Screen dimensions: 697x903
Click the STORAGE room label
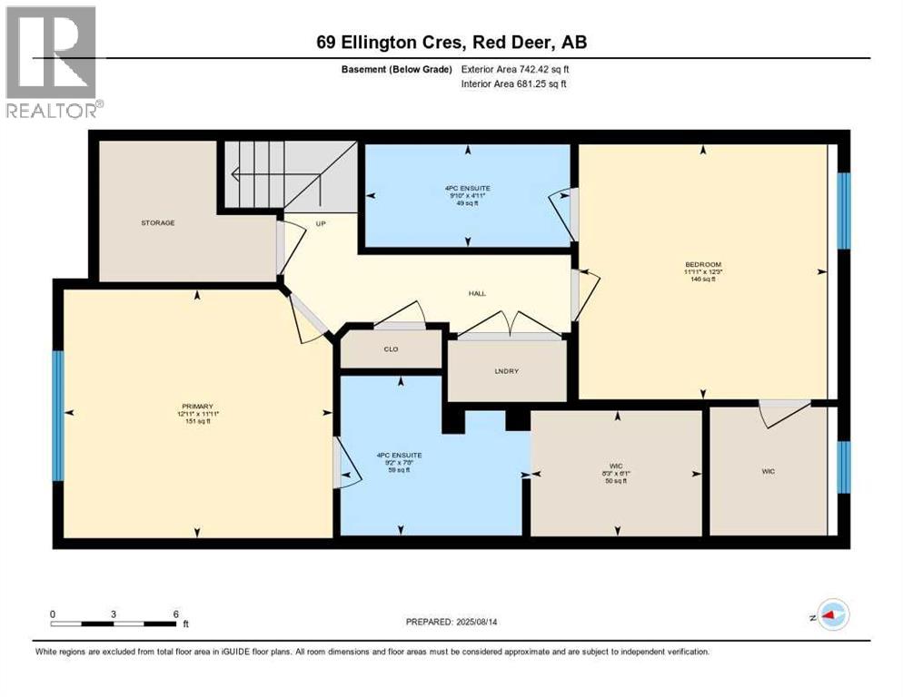(157, 222)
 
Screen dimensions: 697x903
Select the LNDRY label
(507, 371)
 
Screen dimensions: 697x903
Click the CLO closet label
(391, 349)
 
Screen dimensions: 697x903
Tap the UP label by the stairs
(321, 222)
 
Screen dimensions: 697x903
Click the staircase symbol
(273, 174)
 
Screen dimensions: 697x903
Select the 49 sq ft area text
(467, 202)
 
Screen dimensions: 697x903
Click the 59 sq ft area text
(400, 470)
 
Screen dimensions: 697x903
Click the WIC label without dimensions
(769, 471)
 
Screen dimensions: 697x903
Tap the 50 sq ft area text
(618, 481)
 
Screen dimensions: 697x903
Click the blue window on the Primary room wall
(58, 416)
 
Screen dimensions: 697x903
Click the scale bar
(114, 623)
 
